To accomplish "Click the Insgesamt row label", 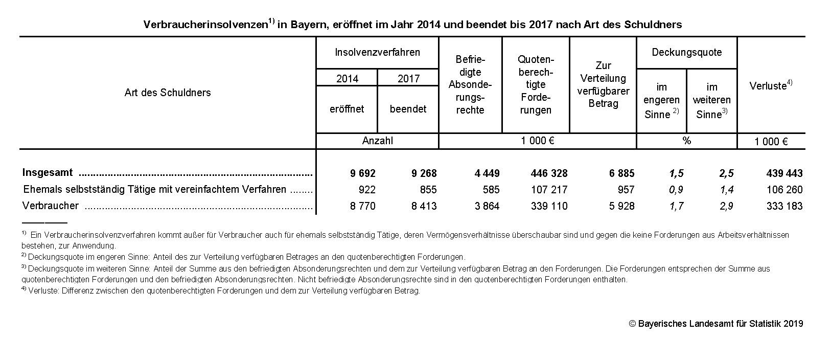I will pyautogui.click(x=48, y=173).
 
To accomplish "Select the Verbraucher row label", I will pyautogui.click(x=51, y=206).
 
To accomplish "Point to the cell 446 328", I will pyautogui.click(x=549, y=174).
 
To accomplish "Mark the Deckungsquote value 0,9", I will pyautogui.click(x=676, y=190).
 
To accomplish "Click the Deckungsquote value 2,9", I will pyautogui.click(x=726, y=206).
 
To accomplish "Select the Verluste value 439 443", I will pyautogui.click(x=784, y=174).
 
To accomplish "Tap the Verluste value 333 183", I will pyautogui.click(x=784, y=206).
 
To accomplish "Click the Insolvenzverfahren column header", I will pyautogui.click(x=377, y=52).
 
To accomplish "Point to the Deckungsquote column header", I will pyautogui.click(x=686, y=52).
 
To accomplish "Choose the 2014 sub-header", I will pyautogui.click(x=347, y=79).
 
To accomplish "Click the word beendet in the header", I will pyautogui.click(x=408, y=109).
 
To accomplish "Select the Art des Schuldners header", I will pyautogui.click(x=168, y=93).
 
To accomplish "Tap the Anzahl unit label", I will pyautogui.click(x=377, y=141).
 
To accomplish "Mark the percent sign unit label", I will pyautogui.click(x=686, y=141).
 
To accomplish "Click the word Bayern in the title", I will pyautogui.click(x=309, y=25).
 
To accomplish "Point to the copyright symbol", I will pyautogui.click(x=632, y=324).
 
